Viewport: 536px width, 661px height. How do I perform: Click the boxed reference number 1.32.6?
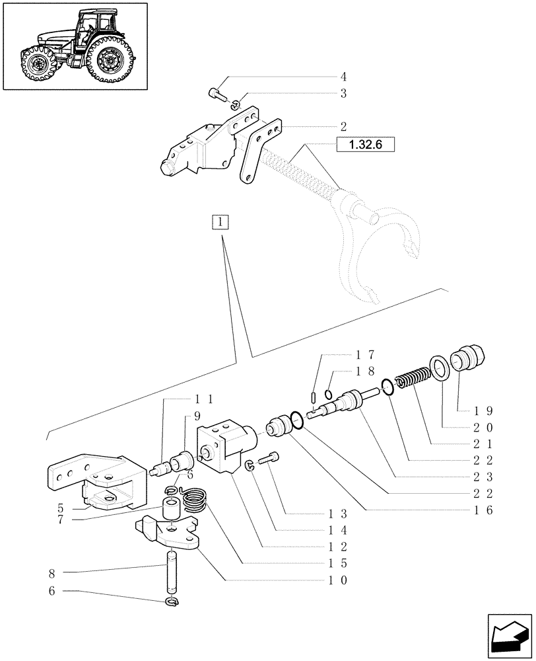point(360,145)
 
